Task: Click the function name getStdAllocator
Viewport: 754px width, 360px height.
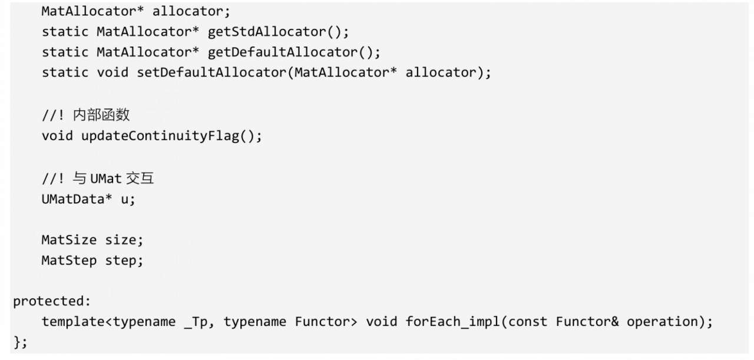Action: tap(267, 32)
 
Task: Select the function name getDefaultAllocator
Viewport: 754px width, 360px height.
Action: tap(282, 52)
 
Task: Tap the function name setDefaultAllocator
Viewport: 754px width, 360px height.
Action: tap(211, 72)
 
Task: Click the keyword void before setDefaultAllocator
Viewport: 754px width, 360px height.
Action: tap(113, 72)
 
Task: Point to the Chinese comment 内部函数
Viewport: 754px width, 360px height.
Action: tap(101, 115)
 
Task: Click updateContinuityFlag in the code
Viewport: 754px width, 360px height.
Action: tap(160, 136)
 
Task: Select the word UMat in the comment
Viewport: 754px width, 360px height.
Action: tap(106, 179)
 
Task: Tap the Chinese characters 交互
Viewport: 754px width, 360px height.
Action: tap(140, 179)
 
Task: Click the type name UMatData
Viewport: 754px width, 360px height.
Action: tap(73, 199)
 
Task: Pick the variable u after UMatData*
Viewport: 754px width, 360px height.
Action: tap(124, 200)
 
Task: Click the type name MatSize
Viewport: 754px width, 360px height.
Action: tap(69, 240)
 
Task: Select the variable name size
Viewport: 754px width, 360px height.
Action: tap(120, 240)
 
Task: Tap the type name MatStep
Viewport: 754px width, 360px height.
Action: tap(69, 261)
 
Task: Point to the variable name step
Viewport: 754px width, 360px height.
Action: tap(120, 261)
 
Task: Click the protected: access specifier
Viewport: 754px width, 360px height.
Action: tap(52, 301)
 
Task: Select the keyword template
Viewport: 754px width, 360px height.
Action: tap(73, 322)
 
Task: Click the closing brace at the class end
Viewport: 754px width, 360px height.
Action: tap(18, 342)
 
